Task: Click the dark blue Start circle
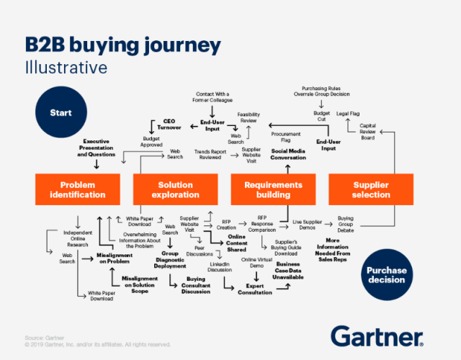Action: click(61, 113)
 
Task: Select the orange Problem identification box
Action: click(78, 189)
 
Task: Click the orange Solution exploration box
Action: click(176, 189)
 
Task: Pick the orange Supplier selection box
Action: click(370, 189)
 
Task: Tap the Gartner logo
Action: click(378, 336)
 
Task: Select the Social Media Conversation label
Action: click(288, 155)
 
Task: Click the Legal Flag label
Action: click(349, 114)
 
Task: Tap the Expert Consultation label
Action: click(256, 289)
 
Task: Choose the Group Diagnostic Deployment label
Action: click(170, 259)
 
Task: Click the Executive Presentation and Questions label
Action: click(96, 148)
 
